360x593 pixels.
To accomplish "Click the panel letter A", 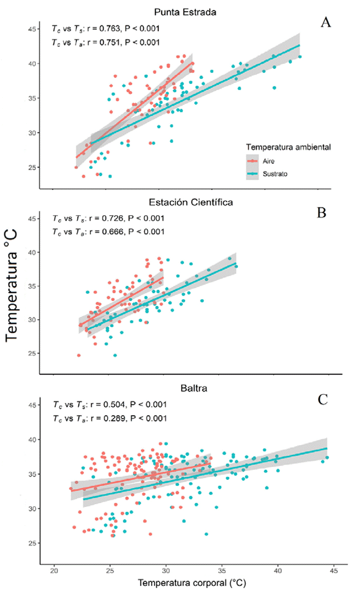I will (x=326, y=22).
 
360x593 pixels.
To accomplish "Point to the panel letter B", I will (x=322, y=212).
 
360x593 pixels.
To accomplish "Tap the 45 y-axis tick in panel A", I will (x=32, y=29).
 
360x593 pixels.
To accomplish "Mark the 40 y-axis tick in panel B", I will (x=32, y=252).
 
